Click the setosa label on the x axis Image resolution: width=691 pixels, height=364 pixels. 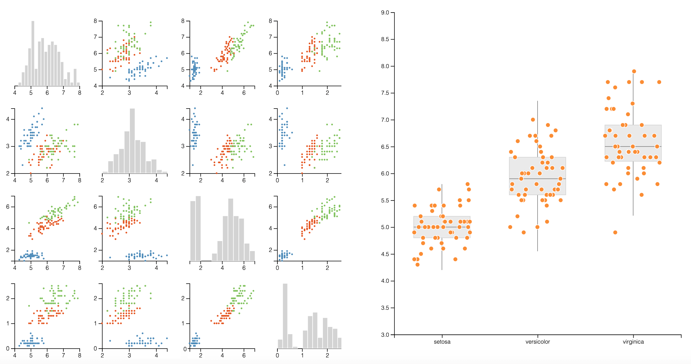click(x=442, y=342)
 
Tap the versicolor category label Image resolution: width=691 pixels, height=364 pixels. click(x=538, y=342)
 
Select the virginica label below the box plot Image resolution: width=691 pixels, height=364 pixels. click(x=633, y=342)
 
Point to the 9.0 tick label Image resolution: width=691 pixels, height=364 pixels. click(x=385, y=13)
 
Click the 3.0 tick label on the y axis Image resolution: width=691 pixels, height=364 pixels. click(x=385, y=335)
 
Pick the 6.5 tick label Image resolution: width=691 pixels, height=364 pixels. click(x=385, y=147)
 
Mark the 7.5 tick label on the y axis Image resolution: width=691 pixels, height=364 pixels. click(x=385, y=93)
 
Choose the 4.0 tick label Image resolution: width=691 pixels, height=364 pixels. click(x=385, y=281)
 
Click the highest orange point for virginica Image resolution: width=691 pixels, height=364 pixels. click(x=634, y=72)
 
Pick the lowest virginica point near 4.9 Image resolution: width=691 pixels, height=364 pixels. click(x=615, y=233)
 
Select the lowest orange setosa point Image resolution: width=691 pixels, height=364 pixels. click(x=417, y=265)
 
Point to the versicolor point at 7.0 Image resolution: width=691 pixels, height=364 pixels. click(x=533, y=120)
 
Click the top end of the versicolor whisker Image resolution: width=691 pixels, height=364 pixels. click(x=538, y=101)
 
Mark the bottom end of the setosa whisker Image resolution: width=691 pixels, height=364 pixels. click(x=442, y=270)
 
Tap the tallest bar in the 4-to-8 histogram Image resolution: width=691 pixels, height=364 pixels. click(x=33, y=53)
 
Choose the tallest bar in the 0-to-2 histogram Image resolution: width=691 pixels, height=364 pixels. click(x=285, y=315)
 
